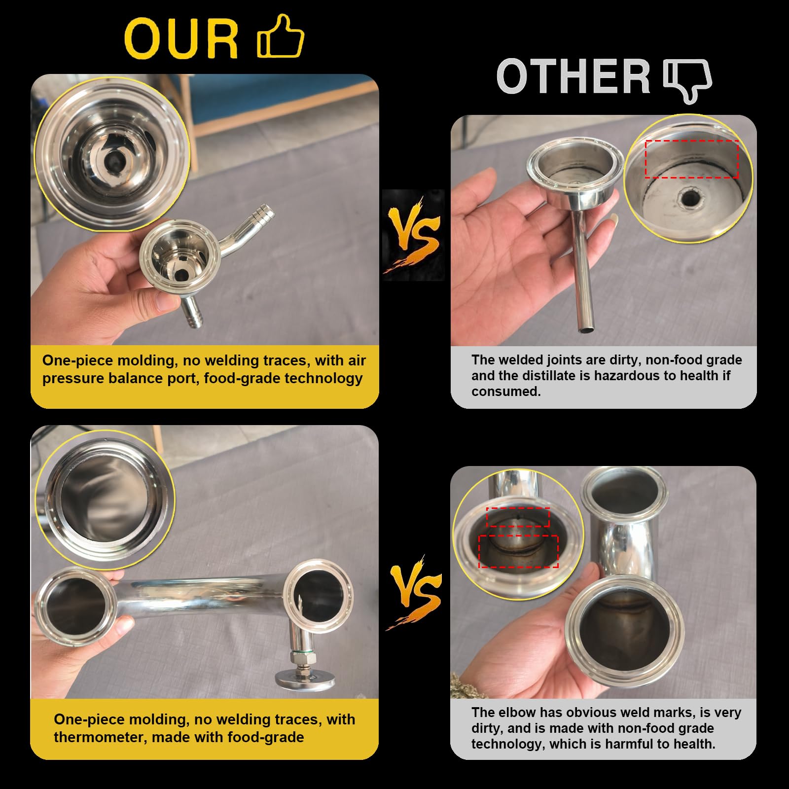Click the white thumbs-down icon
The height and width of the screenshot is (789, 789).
tap(688, 81)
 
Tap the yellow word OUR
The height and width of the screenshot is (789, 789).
tap(181, 39)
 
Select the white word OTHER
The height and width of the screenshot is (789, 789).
tap(574, 76)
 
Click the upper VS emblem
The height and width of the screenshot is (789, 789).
tap(413, 235)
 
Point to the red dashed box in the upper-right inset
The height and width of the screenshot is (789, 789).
tap(692, 159)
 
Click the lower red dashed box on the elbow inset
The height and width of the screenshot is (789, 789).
tap(518, 551)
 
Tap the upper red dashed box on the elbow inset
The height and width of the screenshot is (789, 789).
tap(518, 517)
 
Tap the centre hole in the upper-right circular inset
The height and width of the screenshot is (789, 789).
tap(686, 199)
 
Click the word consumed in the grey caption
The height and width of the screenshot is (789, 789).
tap(506, 392)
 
